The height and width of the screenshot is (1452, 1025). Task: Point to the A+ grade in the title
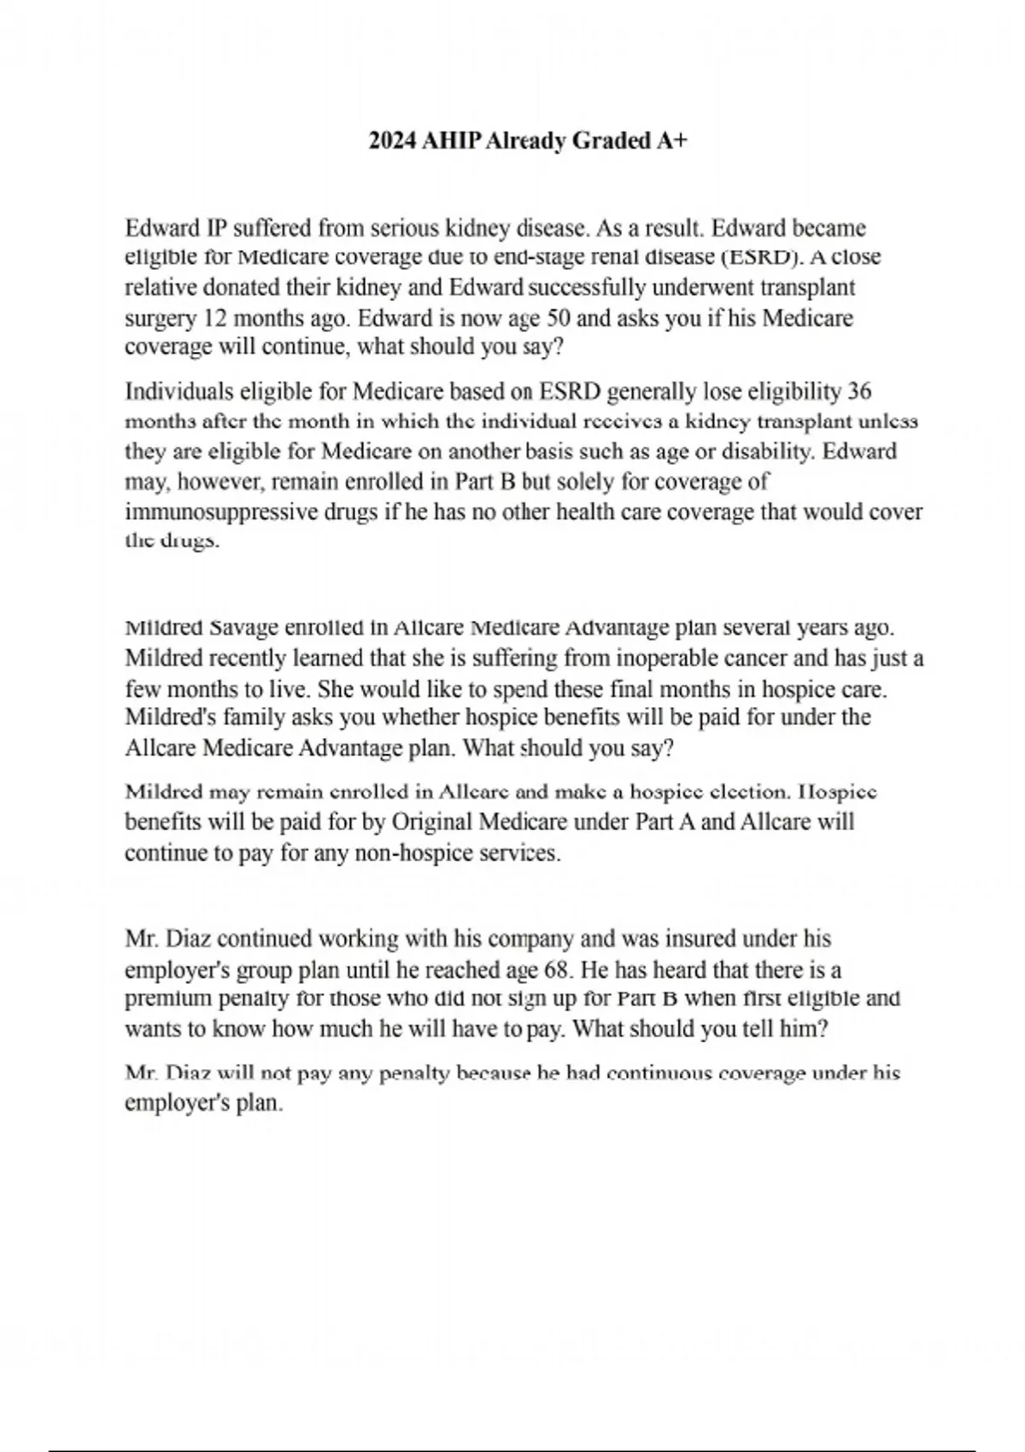coord(671,141)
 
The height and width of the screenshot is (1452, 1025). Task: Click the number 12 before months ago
coord(213,319)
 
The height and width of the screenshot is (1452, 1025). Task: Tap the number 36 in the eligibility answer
coord(858,391)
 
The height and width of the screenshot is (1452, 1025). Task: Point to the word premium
coord(168,998)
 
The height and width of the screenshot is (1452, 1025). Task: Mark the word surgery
coord(161,319)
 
